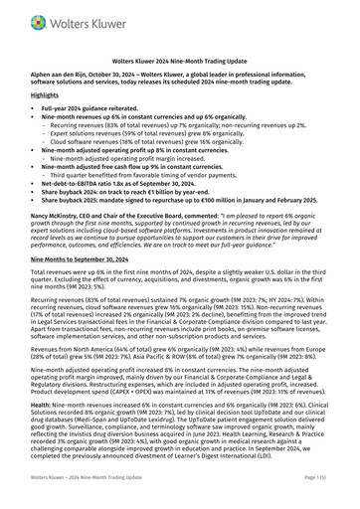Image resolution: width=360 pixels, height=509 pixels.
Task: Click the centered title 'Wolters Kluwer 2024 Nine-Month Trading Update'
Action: point(180,61)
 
